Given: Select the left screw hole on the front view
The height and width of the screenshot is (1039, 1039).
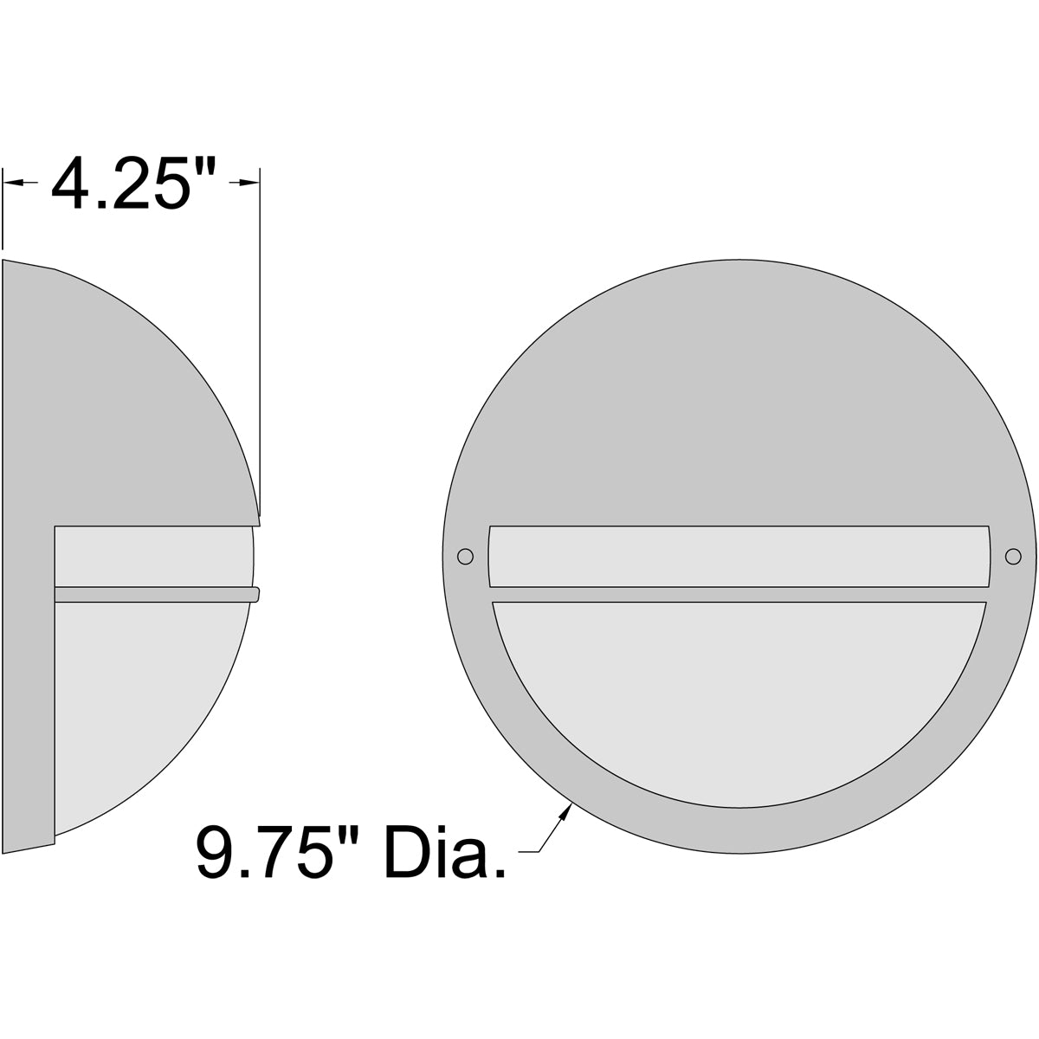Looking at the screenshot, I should coord(466,557).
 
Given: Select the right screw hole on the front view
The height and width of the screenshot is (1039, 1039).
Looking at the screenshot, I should coord(1011,557).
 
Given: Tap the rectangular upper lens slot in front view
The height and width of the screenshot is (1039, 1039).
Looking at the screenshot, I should coord(739,556).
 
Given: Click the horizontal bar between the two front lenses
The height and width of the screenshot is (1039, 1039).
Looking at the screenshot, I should coord(739,594).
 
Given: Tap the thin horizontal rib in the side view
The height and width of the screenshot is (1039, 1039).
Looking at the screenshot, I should coord(156,594).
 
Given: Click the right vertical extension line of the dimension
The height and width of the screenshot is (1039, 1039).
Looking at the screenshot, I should coord(260,346).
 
